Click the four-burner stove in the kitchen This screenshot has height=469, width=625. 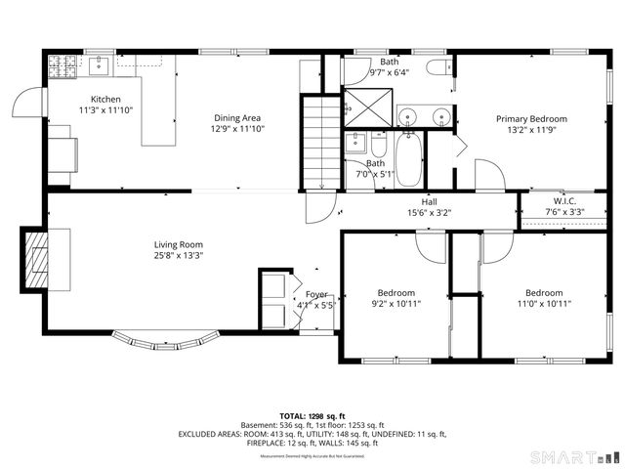pos(62,66)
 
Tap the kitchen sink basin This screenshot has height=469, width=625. pos(99,65)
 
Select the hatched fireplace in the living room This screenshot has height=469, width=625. pos(36,259)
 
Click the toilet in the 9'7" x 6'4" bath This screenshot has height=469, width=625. pos(440,66)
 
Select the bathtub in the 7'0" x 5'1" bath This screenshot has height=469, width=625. pos(408,161)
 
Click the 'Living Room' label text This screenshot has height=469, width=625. pos(178,244)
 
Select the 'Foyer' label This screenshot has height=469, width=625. pos(316,293)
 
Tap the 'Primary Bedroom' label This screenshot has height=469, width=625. pos(531,118)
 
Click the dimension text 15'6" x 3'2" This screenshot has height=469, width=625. pos(429,212)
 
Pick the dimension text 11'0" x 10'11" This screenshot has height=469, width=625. pos(543,303)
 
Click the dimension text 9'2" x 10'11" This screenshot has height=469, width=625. pos(396,303)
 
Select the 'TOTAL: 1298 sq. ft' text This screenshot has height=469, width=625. pos(312,416)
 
